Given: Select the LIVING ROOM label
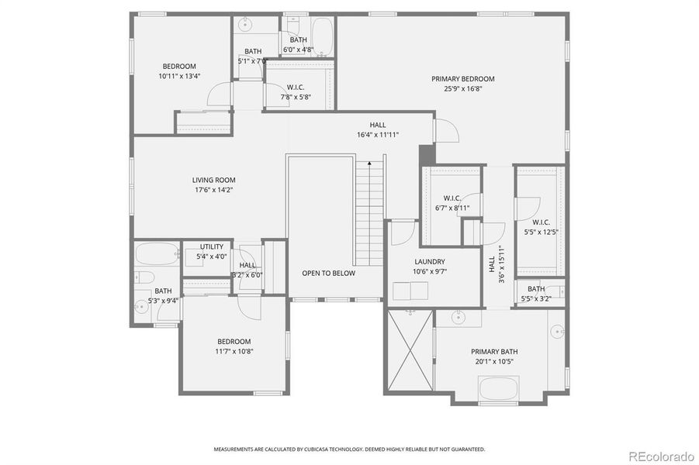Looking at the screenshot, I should [x=213, y=181].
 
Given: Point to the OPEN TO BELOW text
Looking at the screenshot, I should [x=328, y=273].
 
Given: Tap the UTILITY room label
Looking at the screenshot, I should [x=212, y=246].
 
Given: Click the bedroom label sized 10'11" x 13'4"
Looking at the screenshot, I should [x=178, y=67].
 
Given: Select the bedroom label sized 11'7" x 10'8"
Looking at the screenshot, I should [x=234, y=342].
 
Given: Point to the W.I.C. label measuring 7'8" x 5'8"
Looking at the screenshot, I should [x=295, y=88].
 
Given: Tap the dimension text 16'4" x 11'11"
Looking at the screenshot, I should [x=377, y=134].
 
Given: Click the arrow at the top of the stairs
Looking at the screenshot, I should [x=370, y=164].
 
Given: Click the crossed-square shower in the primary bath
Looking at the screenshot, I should [x=409, y=350].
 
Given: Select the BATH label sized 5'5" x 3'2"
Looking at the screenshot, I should [x=536, y=289].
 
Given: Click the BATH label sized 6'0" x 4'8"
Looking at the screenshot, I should [x=299, y=40].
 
